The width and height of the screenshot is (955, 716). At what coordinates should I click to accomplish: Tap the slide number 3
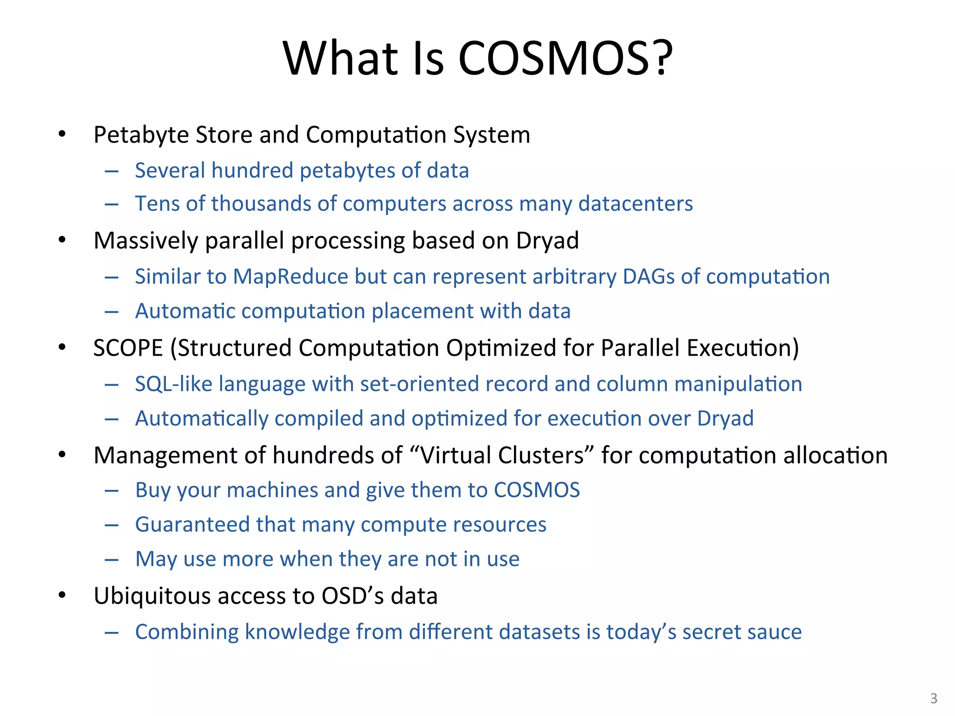coord(934,698)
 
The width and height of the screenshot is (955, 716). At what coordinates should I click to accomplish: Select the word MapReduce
coord(291,276)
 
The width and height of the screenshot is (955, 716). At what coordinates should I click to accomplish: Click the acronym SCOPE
coord(128,348)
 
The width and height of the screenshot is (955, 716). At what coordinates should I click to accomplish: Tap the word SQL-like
coord(173,384)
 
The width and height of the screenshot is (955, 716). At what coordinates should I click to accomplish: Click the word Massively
coord(145,241)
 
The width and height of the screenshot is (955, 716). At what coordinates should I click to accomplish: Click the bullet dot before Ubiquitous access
coord(62,595)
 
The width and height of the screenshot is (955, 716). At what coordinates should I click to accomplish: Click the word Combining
coord(187,632)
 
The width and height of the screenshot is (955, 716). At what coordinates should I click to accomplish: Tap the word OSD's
coord(353,596)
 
